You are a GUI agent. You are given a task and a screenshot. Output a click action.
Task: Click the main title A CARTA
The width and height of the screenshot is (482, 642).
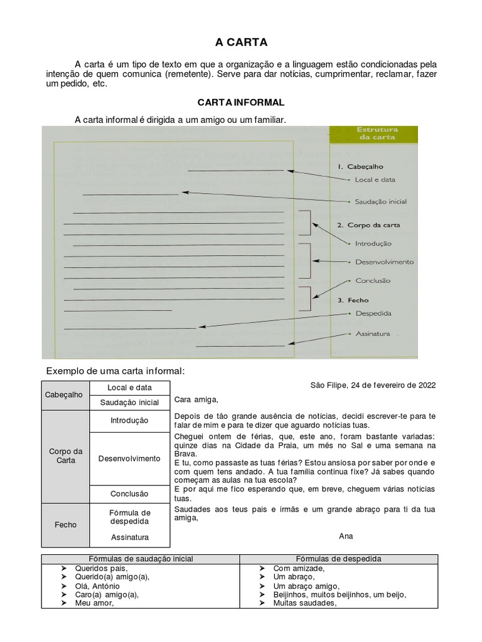click(241, 43)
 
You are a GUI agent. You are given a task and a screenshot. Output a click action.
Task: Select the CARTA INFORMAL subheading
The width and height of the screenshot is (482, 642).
click(241, 102)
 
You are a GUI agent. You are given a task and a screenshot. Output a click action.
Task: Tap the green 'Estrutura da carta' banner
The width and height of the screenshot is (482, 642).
click(377, 134)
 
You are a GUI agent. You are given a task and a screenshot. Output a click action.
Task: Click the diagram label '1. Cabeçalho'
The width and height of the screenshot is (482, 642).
click(360, 167)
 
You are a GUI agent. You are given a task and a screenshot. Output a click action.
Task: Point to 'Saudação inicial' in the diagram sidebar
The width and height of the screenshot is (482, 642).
click(380, 202)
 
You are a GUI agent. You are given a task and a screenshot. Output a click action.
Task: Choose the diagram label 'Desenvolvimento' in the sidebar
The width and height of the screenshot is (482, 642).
click(384, 262)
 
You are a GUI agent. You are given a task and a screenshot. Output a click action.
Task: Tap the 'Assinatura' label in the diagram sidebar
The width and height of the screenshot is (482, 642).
click(373, 334)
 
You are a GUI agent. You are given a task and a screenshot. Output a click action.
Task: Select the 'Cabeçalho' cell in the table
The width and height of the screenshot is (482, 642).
click(65, 395)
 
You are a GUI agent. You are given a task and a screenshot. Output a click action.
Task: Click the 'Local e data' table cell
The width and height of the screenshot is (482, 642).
click(129, 388)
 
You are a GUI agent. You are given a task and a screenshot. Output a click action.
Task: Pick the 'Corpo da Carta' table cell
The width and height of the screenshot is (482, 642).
click(65, 456)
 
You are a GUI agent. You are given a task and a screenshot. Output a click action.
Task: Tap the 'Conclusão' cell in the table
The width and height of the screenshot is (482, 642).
click(129, 494)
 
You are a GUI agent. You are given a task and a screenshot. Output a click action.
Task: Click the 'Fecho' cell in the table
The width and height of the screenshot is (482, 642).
click(65, 525)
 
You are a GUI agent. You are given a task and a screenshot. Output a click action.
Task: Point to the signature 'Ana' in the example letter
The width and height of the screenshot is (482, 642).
click(346, 536)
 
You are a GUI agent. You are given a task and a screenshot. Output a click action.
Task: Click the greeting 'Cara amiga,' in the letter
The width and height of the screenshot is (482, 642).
click(196, 399)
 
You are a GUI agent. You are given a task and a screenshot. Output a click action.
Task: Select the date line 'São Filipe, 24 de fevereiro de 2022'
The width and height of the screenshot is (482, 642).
click(373, 385)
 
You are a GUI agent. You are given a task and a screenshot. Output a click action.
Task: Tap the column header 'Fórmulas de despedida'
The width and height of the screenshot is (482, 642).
click(338, 559)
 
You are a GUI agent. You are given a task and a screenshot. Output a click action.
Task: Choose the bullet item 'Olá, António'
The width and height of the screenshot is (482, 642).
click(97, 586)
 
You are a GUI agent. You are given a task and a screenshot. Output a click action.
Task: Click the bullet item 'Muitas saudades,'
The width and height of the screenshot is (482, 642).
click(305, 604)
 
